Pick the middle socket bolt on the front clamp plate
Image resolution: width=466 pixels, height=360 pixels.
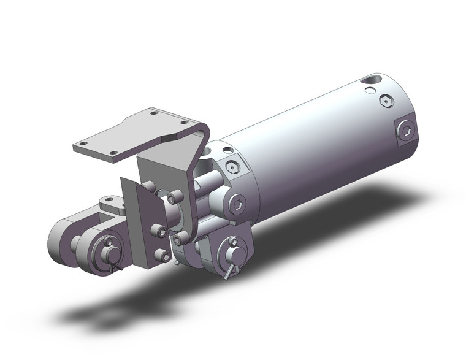158,231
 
